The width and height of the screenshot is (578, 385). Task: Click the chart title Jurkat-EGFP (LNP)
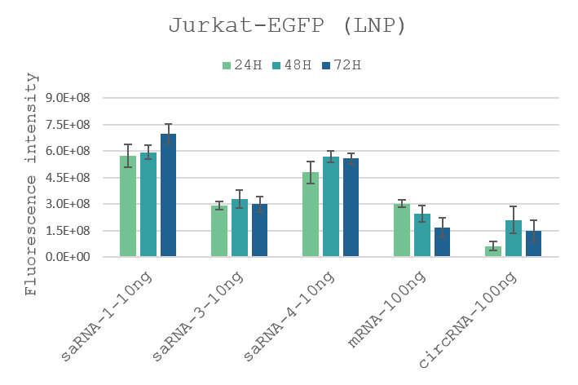click(x=287, y=25)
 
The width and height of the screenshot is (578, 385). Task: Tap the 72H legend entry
click(x=342, y=65)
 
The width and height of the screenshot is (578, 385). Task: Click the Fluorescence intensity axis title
click(x=32, y=184)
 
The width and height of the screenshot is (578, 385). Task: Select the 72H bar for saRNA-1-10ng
click(x=168, y=196)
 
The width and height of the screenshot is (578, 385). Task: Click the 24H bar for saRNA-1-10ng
click(x=128, y=206)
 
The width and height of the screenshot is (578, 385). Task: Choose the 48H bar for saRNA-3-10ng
click(x=240, y=228)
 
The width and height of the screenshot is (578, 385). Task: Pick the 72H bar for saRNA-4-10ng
click(x=351, y=208)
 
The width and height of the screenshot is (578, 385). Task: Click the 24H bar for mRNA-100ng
click(x=402, y=231)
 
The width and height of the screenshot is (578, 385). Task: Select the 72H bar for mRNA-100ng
click(x=442, y=242)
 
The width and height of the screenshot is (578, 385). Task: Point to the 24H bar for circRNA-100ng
click(x=493, y=252)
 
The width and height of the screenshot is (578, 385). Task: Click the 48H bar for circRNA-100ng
click(x=514, y=239)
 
